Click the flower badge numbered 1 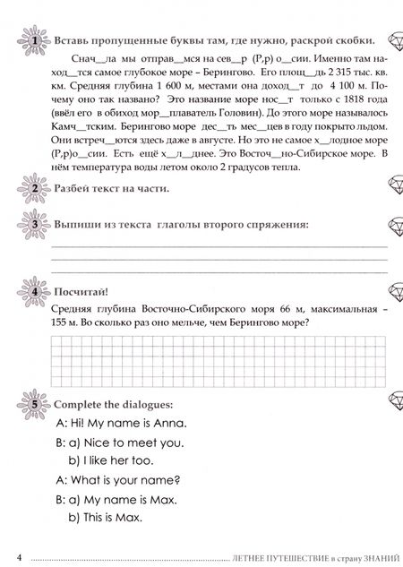pos(34,42)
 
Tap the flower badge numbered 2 pos(34,188)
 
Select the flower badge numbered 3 pos(34,224)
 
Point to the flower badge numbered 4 pos(34,292)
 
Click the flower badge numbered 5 pos(34,404)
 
